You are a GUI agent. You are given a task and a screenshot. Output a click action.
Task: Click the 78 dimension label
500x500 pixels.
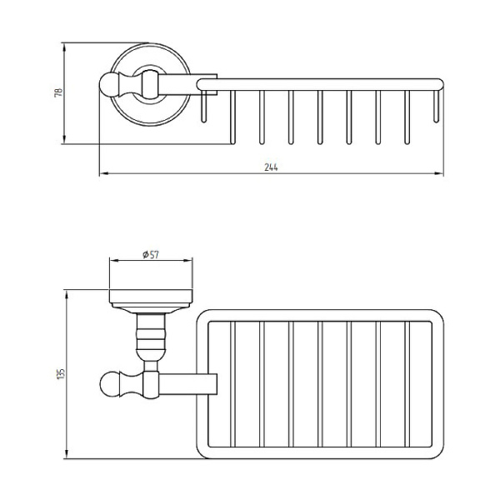tap(59, 92)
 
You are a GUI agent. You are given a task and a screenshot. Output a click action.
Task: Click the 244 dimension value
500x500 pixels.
tap(271, 167)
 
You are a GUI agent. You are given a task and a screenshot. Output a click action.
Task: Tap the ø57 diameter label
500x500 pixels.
tap(151, 254)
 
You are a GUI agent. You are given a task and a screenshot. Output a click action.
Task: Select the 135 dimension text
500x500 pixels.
tap(61, 373)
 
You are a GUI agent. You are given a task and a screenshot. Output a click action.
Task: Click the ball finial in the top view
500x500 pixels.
tap(108, 85)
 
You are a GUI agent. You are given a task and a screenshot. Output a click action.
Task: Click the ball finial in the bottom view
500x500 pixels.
tap(109, 384)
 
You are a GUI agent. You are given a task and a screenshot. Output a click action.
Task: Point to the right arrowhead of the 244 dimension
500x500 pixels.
tap(439, 174)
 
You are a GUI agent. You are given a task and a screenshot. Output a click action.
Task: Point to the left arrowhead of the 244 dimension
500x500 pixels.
tap(103, 174)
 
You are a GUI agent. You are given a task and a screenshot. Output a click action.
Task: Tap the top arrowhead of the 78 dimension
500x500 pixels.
tap(64, 47)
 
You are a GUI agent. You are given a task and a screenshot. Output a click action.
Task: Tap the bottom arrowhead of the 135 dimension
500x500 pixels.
tap(67, 454)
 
